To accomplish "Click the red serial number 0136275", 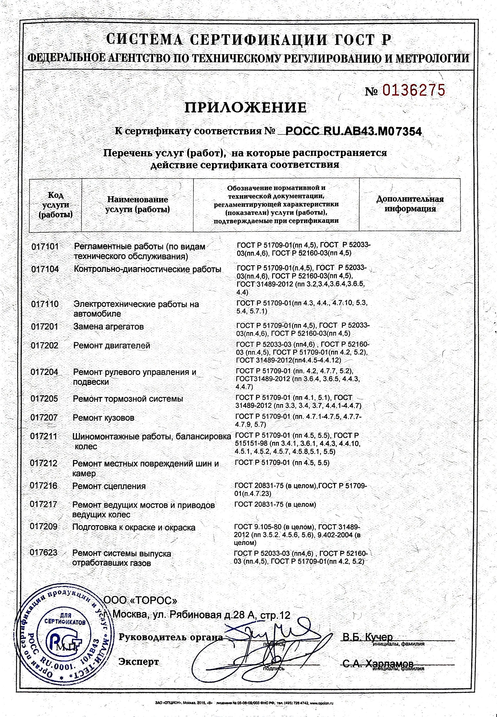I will pos(413,90).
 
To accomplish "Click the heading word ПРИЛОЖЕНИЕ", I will pos(246,108).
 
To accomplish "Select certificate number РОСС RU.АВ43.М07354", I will pos(353,131).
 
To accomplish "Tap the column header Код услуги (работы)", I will pos(55,205).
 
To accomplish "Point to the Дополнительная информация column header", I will pos(410,204).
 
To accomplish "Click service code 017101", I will pos(45,247).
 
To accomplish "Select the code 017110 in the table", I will pos(45,304).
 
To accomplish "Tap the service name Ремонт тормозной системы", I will pos(128,399).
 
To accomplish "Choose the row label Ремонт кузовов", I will pos(103,418).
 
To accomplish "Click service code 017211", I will pos(44,437).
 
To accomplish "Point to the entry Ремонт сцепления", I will pos(109,486).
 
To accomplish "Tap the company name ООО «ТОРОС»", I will pos(140,600).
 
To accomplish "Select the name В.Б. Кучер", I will pos(368,637).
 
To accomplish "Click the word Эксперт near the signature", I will pos(139,662).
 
